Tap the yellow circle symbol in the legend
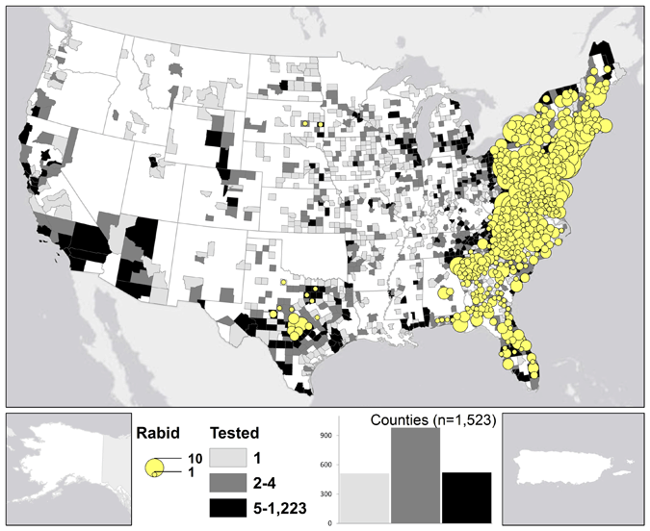154,468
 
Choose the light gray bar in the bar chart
365,497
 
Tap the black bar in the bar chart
466,497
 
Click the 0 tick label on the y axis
330,522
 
